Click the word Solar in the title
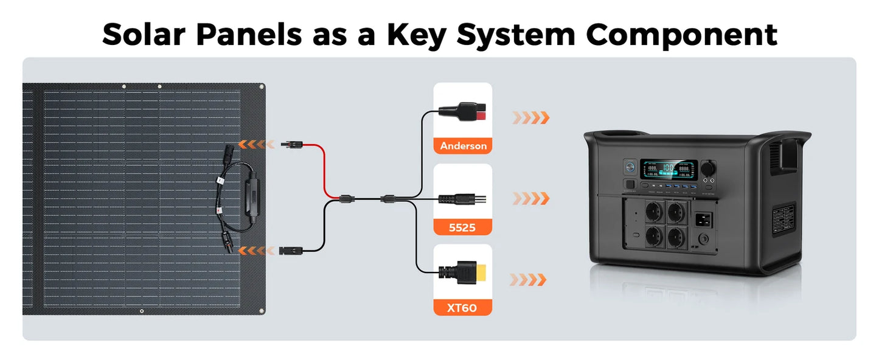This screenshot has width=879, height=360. (x=143, y=35)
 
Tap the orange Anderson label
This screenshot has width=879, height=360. (x=463, y=146)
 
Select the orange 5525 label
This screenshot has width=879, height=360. (x=463, y=227)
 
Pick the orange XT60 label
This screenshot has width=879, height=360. (x=463, y=308)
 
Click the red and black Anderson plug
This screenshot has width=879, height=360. (x=463, y=111)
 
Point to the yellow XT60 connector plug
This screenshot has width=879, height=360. (x=463, y=272)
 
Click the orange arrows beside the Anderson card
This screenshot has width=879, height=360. (x=531, y=117)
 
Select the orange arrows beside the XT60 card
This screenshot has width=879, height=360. (x=528, y=280)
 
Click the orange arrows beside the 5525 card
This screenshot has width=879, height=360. (x=531, y=198)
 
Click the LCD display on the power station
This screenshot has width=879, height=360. (x=669, y=170)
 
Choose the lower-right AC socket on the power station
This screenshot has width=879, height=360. (x=677, y=237)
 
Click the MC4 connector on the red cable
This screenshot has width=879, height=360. (x=291, y=145)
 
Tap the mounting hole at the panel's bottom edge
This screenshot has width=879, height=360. (x=142, y=311)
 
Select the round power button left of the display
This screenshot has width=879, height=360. (x=630, y=167)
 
